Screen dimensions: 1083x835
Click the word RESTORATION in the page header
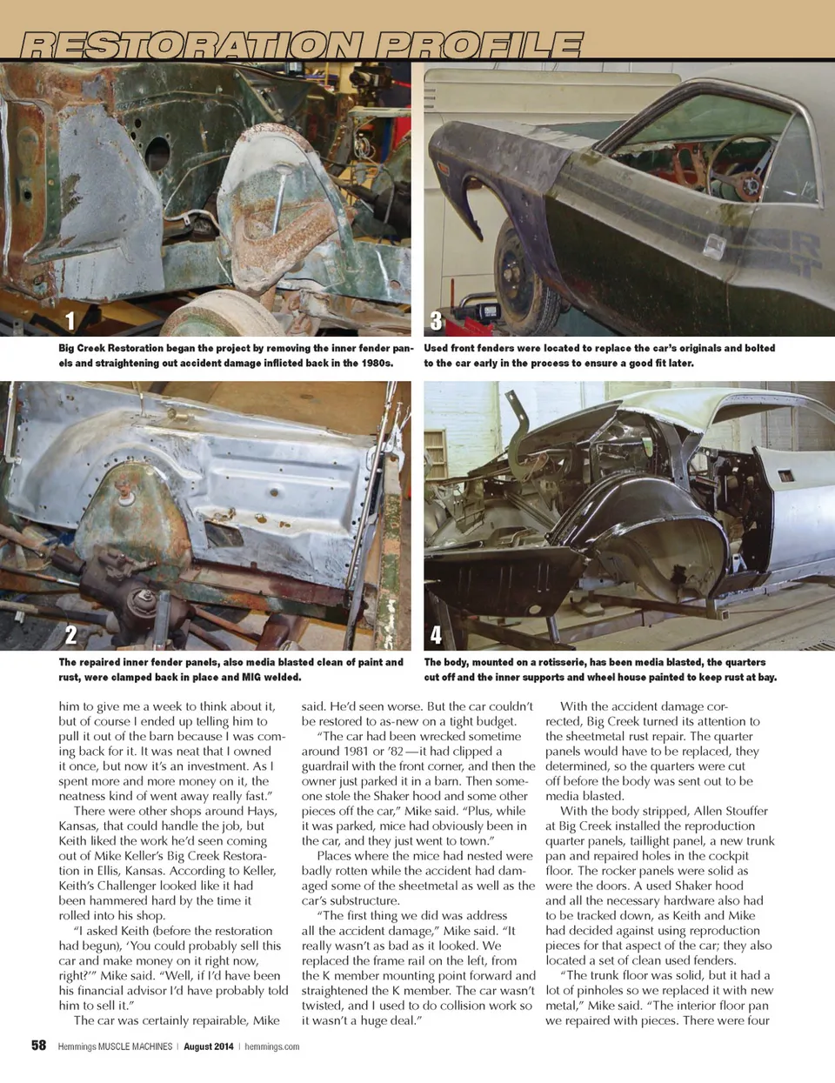(191, 44)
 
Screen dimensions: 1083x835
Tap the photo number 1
(70, 321)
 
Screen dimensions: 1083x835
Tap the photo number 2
(70, 634)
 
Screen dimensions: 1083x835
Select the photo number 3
(436, 321)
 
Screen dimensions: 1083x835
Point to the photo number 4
(436, 634)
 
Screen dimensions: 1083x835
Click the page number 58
(38, 1046)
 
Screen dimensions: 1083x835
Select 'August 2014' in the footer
(208, 1046)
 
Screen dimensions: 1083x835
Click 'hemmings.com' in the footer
(271, 1046)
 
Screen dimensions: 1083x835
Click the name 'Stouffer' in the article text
(738, 811)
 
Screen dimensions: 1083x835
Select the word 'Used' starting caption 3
(438, 348)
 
